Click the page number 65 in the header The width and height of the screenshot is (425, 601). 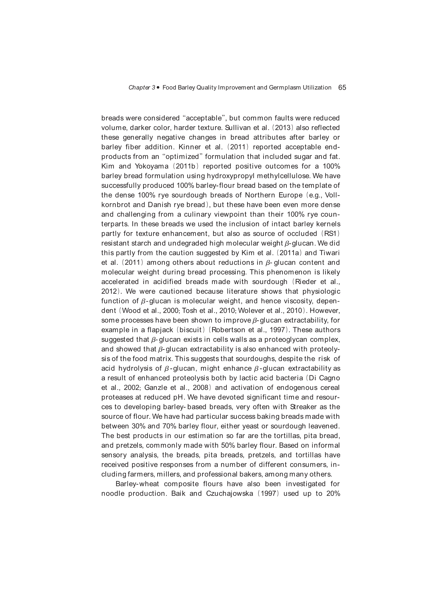coord(342,87)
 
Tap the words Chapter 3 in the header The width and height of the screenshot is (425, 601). coord(142,88)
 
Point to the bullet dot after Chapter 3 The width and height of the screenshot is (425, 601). coord(158,87)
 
